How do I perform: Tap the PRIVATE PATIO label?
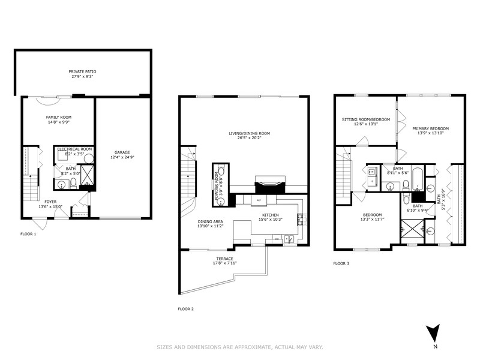83,71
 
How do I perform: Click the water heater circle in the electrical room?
88,159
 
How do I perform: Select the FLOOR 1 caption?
28,233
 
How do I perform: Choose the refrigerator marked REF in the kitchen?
259,200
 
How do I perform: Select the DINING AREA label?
210,221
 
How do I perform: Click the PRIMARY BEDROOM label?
430,128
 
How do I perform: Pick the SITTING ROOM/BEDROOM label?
366,120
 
